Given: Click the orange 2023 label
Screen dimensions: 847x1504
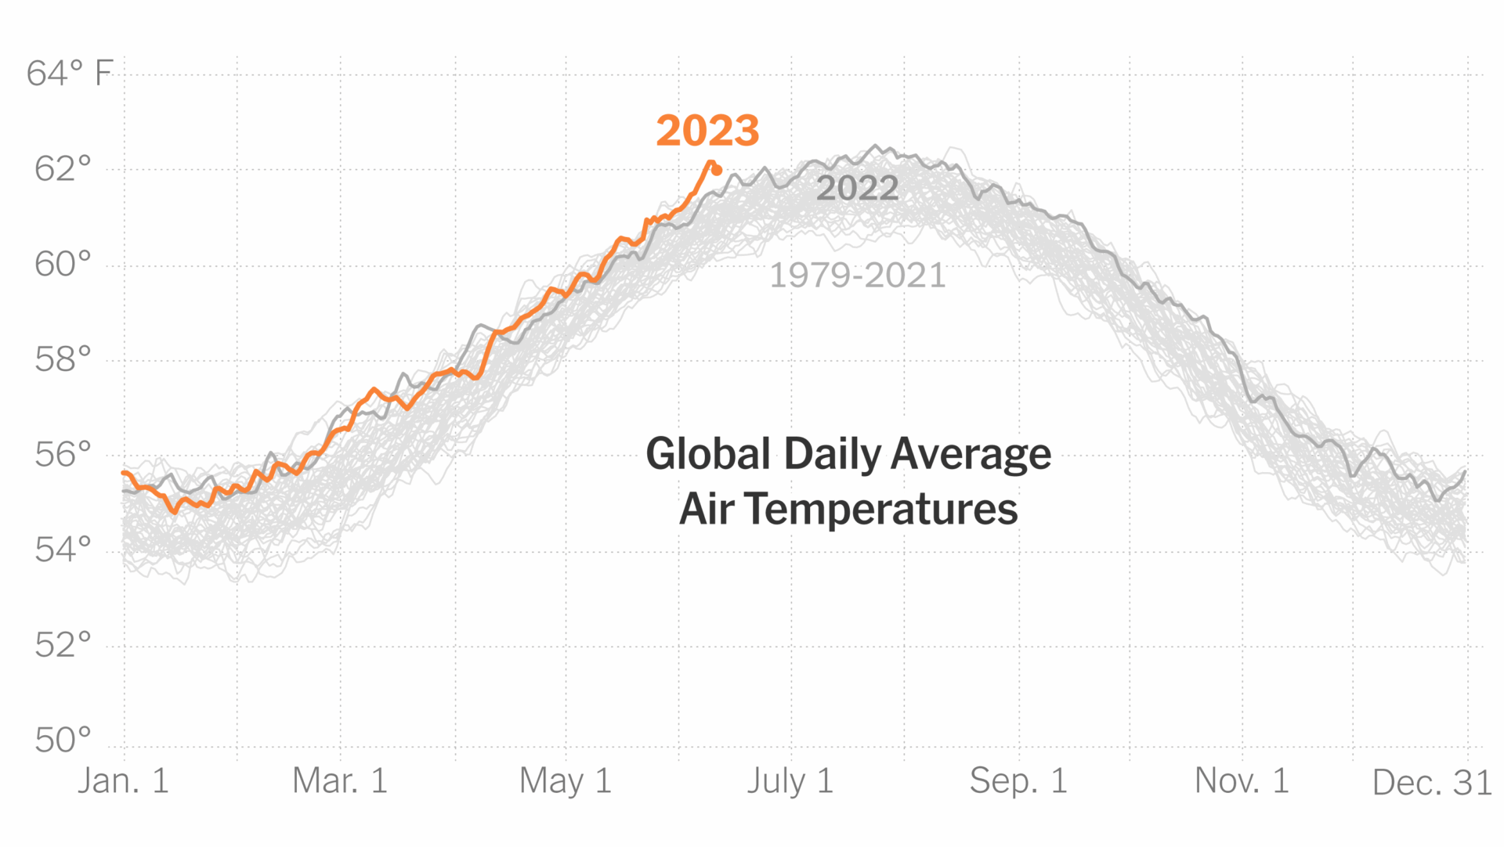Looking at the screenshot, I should [x=707, y=131].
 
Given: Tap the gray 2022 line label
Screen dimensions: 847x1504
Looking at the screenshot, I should [x=857, y=189].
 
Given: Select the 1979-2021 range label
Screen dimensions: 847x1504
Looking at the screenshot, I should [x=857, y=276].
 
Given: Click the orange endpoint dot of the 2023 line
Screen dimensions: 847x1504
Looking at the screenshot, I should [x=717, y=170].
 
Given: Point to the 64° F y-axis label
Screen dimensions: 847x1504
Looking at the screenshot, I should [x=70, y=74].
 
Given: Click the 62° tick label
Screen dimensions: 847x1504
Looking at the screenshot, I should [x=63, y=169].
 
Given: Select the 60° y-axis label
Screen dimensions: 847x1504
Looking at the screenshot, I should [x=63, y=265].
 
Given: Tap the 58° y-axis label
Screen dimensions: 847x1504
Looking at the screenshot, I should [x=63, y=360].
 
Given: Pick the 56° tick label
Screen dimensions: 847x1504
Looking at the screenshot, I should [x=63, y=455].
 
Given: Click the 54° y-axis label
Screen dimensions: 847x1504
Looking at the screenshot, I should [x=63, y=550].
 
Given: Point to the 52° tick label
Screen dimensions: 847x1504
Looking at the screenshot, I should [x=63, y=646].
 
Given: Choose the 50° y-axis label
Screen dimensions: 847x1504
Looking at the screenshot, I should [x=63, y=741].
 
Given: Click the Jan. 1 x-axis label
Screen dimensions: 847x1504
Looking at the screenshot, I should [x=123, y=781].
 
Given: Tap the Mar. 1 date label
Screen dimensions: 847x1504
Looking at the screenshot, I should [x=340, y=781].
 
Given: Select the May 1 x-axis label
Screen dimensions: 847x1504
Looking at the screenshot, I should [x=565, y=781].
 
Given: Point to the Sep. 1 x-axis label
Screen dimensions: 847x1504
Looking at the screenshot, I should [x=1018, y=781].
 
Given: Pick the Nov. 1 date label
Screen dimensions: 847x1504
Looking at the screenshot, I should [x=1242, y=781].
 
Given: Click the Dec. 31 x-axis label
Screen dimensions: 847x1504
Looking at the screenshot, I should [x=1432, y=783].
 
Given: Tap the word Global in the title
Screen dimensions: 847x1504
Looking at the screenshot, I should [x=708, y=454].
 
